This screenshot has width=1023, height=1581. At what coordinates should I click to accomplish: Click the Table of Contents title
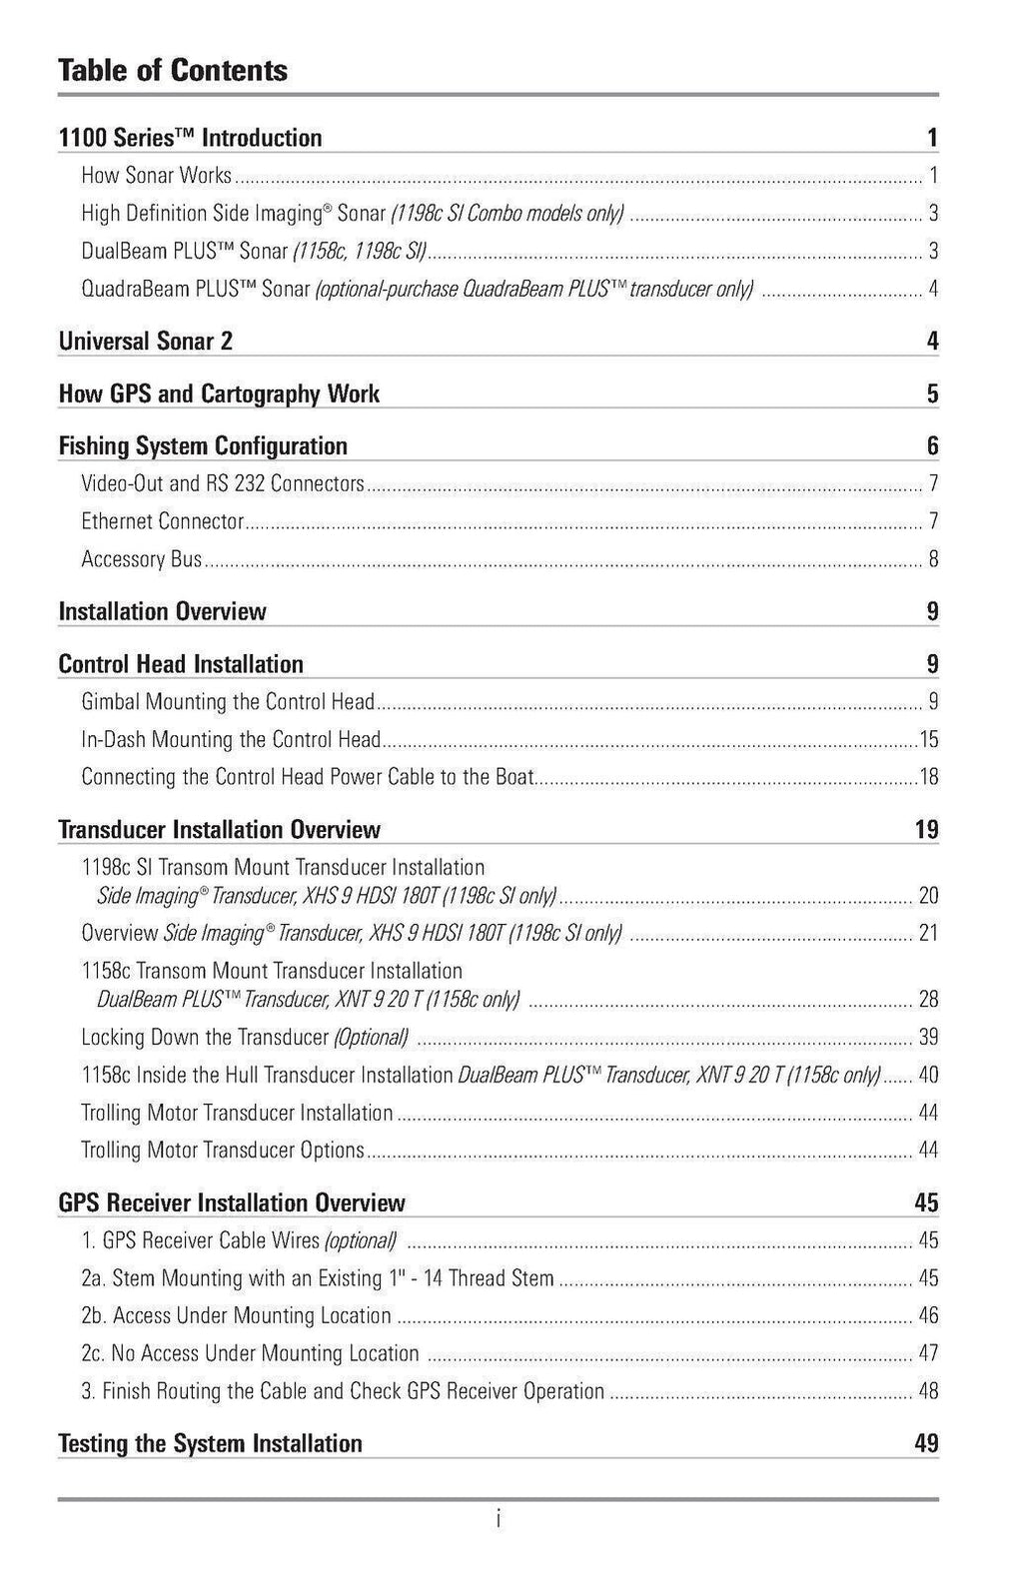click(x=173, y=70)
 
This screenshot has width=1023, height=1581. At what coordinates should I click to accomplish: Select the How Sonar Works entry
click(x=156, y=176)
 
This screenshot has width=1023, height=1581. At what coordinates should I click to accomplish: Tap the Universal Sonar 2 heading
click(x=146, y=342)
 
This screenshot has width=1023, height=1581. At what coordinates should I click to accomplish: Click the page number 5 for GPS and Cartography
click(x=932, y=394)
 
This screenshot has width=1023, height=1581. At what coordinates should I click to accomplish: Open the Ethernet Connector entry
click(x=163, y=521)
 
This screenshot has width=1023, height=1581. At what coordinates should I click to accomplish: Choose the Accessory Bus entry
click(x=142, y=559)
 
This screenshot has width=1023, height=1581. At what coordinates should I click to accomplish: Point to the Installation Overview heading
click(x=163, y=611)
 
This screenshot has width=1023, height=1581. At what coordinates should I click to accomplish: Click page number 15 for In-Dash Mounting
click(x=928, y=740)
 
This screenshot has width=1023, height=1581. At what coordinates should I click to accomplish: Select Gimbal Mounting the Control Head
click(x=228, y=702)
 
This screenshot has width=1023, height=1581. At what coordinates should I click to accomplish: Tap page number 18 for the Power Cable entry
click(x=928, y=777)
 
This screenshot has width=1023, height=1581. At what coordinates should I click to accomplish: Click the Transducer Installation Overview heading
click(x=220, y=830)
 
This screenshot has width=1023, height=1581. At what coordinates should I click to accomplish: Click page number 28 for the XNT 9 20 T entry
click(x=928, y=1000)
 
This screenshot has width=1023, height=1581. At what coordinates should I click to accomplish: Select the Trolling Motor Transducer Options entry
click(x=223, y=1151)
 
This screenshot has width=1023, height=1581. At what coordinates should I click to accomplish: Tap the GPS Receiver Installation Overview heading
click(x=232, y=1203)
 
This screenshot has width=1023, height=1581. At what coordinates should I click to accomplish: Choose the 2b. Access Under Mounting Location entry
click(x=236, y=1316)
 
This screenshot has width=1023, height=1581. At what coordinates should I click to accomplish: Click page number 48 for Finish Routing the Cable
click(x=928, y=1391)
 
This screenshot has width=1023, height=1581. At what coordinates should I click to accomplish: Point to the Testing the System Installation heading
click(x=211, y=1444)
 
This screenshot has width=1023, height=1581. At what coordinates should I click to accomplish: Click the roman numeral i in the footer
click(x=499, y=1519)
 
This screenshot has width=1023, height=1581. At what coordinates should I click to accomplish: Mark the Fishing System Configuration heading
click(x=204, y=446)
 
